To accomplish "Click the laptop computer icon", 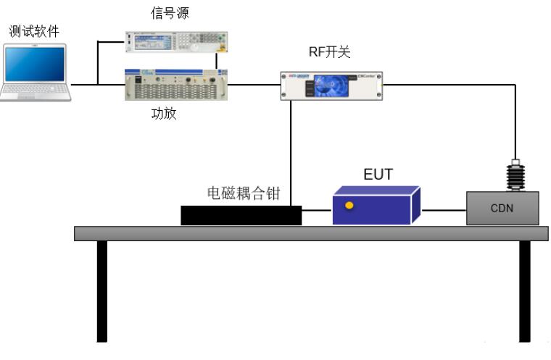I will [x=36, y=72].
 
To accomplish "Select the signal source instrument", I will [x=176, y=43].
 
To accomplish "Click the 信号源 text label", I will [x=171, y=12].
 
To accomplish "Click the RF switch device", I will [x=331, y=85].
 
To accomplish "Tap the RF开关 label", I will [x=331, y=52].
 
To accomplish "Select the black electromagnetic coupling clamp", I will [x=241, y=215].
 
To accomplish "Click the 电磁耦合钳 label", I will [x=243, y=193].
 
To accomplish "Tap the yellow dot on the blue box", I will [x=349, y=206].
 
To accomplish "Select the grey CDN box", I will [x=502, y=209].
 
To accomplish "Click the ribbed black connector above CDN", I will [x=515, y=175].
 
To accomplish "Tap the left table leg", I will [x=102, y=290].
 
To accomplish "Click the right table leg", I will [x=524, y=290].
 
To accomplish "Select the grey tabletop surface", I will [x=312, y=233].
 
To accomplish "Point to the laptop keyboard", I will [x=36, y=91].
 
